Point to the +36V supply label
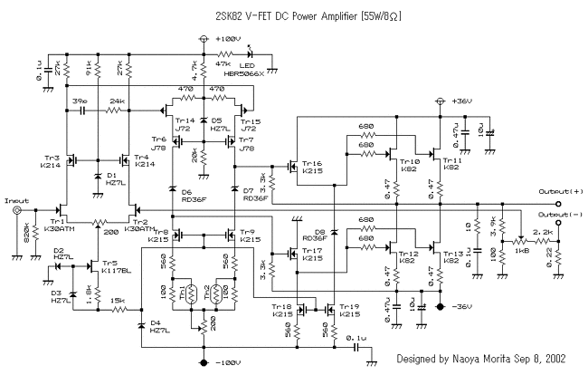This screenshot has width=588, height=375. [x=464, y=101]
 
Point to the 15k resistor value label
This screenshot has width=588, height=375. [x=119, y=300]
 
